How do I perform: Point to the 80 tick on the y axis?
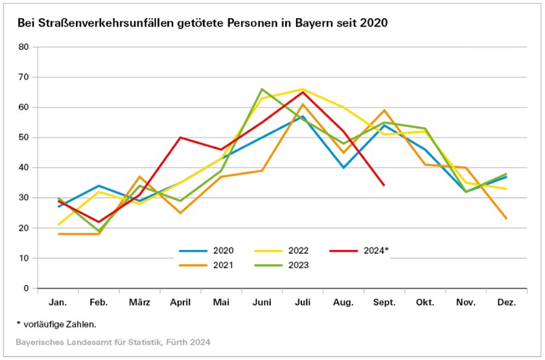(24, 47)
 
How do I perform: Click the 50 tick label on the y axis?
(24, 137)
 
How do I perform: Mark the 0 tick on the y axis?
(27, 288)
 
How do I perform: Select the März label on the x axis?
(140, 303)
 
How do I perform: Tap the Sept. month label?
(384, 303)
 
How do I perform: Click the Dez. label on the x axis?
(506, 303)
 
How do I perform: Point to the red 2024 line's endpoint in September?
(384, 185)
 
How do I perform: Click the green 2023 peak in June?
(262, 89)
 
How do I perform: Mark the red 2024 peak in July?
(303, 92)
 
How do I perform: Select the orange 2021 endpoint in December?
(506, 219)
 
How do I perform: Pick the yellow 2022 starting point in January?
(58, 225)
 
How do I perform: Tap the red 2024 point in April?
(180, 137)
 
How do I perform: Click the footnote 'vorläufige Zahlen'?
(60, 324)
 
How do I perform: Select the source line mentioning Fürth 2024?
(113, 341)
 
